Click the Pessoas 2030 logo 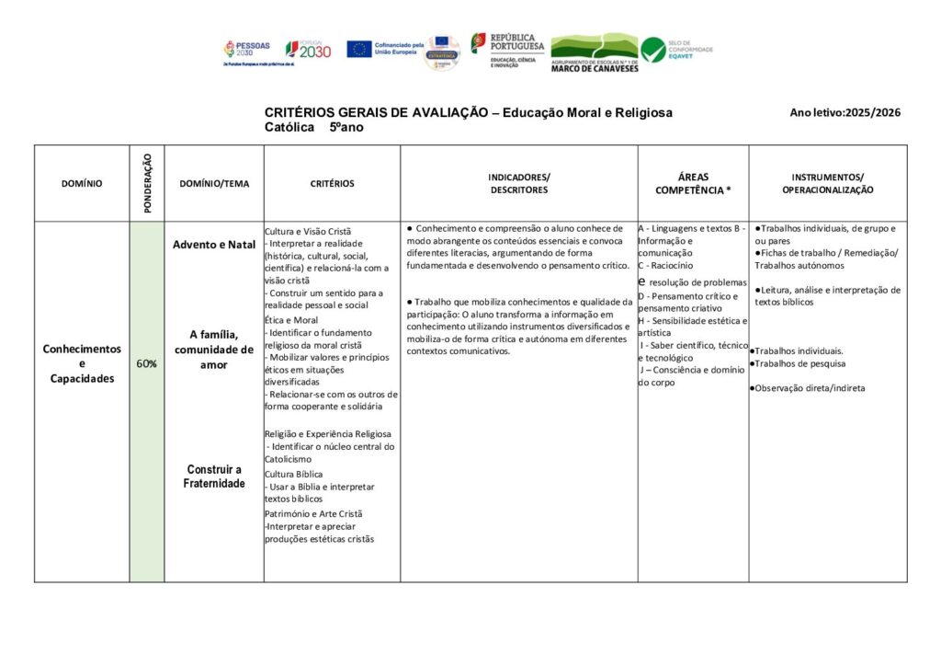click(245, 50)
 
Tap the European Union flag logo click(358, 49)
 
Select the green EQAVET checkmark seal click(653, 50)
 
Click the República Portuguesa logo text click(516, 42)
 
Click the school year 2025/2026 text click(845, 113)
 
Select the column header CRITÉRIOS click(332, 184)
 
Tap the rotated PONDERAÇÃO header click(147, 183)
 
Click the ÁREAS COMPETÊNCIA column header click(693, 183)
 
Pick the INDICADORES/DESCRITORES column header click(518, 183)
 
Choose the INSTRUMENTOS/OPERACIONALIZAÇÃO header click(827, 183)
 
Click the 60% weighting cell click(146, 363)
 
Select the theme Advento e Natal click(214, 245)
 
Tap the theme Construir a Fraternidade click(214, 476)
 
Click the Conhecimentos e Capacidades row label click(82, 363)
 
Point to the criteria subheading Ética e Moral click(291, 319)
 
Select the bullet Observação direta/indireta click(809, 388)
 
